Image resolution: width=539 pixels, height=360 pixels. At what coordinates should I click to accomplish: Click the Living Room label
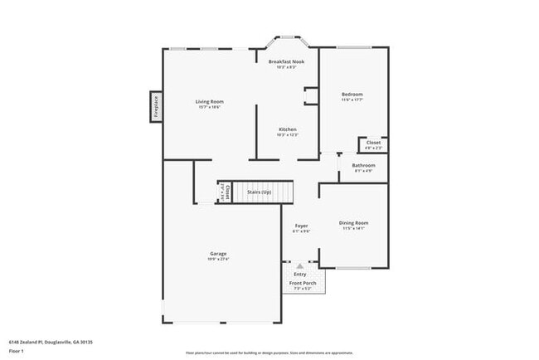(210, 101)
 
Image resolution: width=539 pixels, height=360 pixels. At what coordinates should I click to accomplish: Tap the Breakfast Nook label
(287, 61)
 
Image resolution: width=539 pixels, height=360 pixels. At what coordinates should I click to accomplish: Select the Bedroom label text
(352, 95)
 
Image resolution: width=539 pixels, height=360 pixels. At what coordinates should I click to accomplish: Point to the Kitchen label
(288, 129)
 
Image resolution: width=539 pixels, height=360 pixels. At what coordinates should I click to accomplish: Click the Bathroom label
(363, 165)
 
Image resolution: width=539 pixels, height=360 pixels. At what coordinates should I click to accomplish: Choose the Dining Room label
(353, 222)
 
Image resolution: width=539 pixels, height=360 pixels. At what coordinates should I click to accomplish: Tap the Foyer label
(301, 226)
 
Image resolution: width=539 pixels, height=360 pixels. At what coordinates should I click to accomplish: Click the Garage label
(218, 253)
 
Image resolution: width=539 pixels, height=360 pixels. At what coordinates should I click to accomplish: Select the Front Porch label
(303, 284)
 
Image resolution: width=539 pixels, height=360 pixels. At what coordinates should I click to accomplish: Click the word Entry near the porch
(300, 274)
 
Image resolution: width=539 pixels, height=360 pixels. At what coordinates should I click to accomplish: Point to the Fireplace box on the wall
(155, 107)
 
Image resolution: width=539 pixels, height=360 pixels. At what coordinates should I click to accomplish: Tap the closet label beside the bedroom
(373, 143)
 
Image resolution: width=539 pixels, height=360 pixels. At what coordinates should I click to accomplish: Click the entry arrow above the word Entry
(300, 265)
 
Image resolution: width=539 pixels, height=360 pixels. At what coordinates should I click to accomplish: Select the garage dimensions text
(218, 259)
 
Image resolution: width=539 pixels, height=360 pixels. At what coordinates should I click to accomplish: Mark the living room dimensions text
(210, 107)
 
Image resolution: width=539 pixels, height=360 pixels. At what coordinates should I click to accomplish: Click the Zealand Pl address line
(51, 341)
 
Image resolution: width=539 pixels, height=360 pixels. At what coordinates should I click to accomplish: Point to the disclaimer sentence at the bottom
(269, 352)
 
